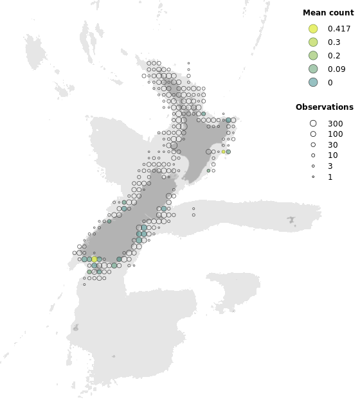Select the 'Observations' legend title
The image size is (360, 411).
pyautogui.click(x=324, y=107)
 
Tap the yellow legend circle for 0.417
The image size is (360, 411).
pyautogui.click(x=313, y=29)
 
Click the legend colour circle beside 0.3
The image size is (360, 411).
pyautogui.click(x=313, y=42)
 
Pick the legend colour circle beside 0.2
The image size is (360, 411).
pyautogui.click(x=313, y=55)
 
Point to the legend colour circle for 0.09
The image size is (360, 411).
pyautogui.click(x=313, y=69)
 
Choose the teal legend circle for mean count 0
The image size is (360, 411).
pyautogui.click(x=313, y=82)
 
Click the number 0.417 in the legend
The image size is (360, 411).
pyautogui.click(x=339, y=29)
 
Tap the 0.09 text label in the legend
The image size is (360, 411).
pyautogui.click(x=336, y=69)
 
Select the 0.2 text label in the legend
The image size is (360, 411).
pyautogui.click(x=334, y=55)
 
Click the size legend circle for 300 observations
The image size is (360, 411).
pyautogui.click(x=313, y=123)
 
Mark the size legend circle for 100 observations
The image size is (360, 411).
pyautogui.click(x=313, y=134)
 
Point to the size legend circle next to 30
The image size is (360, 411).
pyautogui.click(x=313, y=145)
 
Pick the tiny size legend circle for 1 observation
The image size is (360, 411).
pyautogui.click(x=313, y=177)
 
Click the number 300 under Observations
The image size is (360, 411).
pyautogui.click(x=335, y=123)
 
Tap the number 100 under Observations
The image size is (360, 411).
pyautogui.click(x=335, y=134)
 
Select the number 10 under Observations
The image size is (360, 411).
pyautogui.click(x=332, y=155)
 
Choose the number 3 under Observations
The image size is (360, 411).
pyautogui.click(x=330, y=166)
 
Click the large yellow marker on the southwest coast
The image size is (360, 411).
pyautogui.click(x=94, y=259)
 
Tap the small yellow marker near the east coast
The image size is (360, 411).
pyautogui.click(x=224, y=152)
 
